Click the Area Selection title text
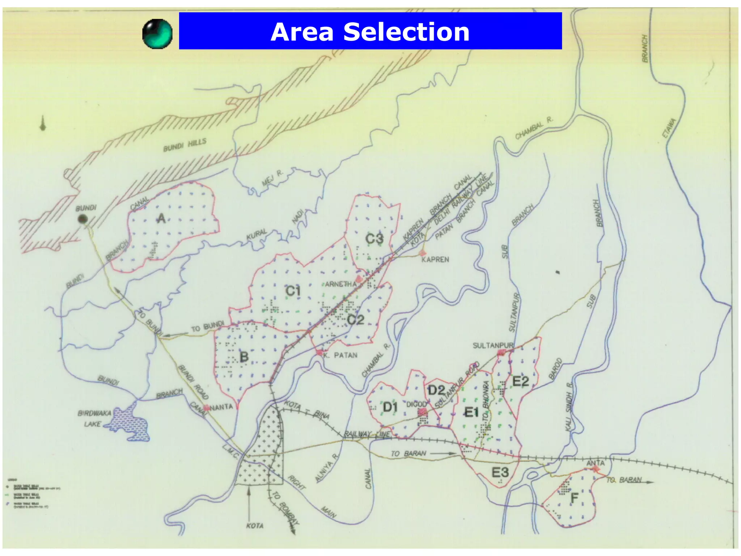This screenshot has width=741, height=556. [x=370, y=32]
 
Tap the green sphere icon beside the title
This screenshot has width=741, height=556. [x=157, y=34]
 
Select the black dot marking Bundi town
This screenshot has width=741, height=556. [x=83, y=219]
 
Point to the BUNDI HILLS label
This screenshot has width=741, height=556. [x=185, y=145]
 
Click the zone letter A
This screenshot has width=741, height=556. [x=161, y=218]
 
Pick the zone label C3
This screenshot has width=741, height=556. [x=374, y=239]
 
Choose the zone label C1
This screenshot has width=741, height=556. [x=293, y=291]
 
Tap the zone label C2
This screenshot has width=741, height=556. [x=355, y=320]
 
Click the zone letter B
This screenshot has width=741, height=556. [x=244, y=357]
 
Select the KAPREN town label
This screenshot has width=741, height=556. [x=435, y=260]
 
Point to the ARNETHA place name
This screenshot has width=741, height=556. [x=340, y=284]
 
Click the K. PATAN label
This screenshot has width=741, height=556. [x=340, y=355]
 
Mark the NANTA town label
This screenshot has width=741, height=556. [x=221, y=407]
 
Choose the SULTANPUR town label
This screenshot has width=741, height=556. [x=493, y=345]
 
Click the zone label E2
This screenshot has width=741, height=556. [x=521, y=381]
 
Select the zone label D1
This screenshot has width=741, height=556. [x=390, y=408]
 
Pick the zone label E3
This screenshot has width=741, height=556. [x=500, y=472]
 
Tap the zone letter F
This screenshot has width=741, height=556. [x=574, y=498]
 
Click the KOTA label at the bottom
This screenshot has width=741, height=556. [x=255, y=526]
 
